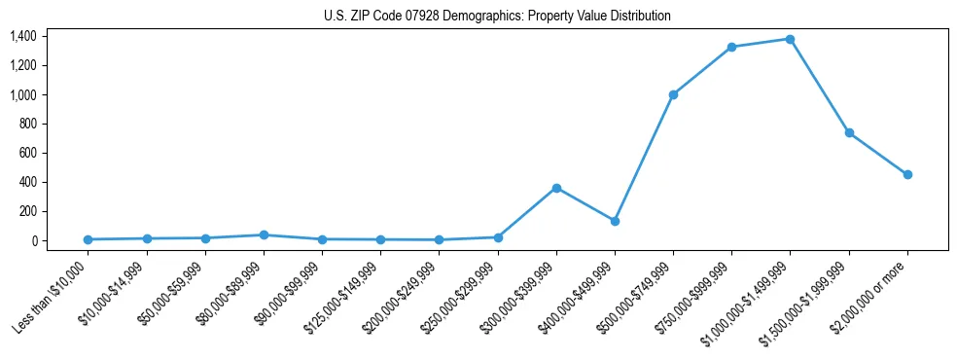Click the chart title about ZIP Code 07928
tap(497, 17)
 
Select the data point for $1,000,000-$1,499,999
tap(790, 39)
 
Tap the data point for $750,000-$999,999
tap(731, 47)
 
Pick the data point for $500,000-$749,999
tap(673, 94)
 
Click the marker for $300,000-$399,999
tap(556, 188)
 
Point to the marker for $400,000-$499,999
tap(615, 221)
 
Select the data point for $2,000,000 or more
tap(907, 174)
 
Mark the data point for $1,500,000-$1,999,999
tap(849, 132)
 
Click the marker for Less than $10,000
tap(88, 239)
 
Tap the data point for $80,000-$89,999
tap(264, 234)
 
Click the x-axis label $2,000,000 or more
tap(871, 296)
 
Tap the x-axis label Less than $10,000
tap(52, 298)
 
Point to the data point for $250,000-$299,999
tap(498, 237)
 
